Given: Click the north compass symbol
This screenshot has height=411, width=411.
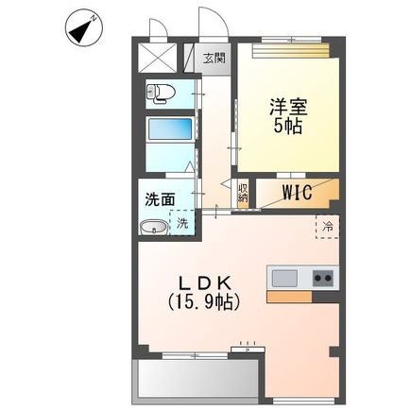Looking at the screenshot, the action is point(84,27).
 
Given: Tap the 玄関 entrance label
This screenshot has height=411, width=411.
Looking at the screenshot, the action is point(214,58).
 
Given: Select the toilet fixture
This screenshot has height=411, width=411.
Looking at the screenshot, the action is point(161,94).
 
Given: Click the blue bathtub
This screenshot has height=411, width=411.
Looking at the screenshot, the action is point(170,128).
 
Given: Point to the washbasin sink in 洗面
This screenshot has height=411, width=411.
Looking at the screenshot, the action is point(154,227).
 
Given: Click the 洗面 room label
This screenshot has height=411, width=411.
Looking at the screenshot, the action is point(160,199).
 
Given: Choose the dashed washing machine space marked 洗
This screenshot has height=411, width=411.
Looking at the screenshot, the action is point(182,222).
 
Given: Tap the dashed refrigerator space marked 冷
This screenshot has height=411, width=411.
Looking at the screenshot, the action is point(328,227).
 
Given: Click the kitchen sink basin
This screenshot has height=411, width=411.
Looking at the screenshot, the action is point(284,279).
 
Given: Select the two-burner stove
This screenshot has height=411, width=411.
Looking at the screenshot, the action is point(323,279).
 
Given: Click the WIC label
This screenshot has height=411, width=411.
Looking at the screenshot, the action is point(298,192).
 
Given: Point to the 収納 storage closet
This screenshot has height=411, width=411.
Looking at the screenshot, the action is point(243,194).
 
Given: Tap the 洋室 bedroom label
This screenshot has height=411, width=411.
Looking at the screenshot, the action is point(288,107).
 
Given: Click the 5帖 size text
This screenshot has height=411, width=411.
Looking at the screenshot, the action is point(288,126).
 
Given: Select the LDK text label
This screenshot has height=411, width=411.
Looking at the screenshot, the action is point(206,283).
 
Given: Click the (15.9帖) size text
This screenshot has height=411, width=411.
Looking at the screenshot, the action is point(204,302).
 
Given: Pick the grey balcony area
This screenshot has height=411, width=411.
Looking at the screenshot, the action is point(196,382).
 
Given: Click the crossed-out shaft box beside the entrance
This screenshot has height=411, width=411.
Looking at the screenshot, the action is point(158,58).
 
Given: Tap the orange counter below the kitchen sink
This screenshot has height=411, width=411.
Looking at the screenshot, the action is point(289,297).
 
